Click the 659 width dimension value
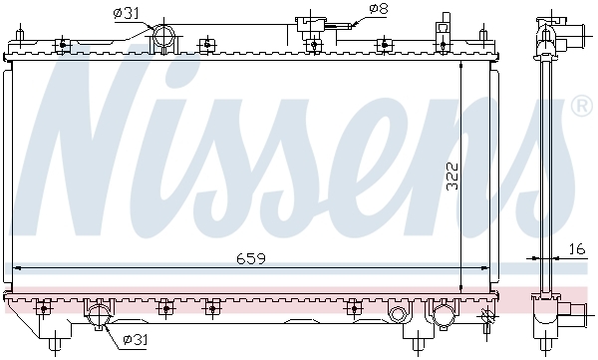[250, 259]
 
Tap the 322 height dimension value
[452, 176]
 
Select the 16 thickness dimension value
[577, 249]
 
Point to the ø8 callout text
[379, 9]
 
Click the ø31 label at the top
[126, 13]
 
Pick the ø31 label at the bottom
[135, 339]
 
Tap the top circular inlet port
[164, 36]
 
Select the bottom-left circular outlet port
[99, 316]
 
